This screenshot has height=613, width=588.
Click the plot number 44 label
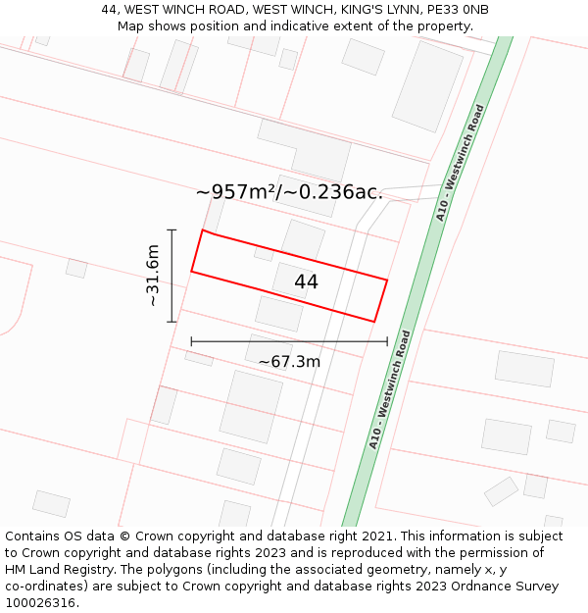[306, 281]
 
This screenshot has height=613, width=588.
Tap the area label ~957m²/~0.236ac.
[289, 192]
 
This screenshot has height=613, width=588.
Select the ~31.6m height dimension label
[153, 276]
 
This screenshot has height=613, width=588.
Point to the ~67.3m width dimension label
[289, 362]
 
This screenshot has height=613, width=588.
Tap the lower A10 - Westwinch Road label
[389, 389]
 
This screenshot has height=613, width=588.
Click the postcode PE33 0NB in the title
[459, 10]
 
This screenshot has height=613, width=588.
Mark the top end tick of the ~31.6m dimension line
[171, 230]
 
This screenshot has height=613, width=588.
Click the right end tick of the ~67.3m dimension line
[388, 341]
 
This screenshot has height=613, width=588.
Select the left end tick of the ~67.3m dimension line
[191, 341]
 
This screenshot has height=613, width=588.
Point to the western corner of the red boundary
[192, 271]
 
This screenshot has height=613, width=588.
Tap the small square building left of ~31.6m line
[76, 268]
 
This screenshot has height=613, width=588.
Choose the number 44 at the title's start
[110, 10]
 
